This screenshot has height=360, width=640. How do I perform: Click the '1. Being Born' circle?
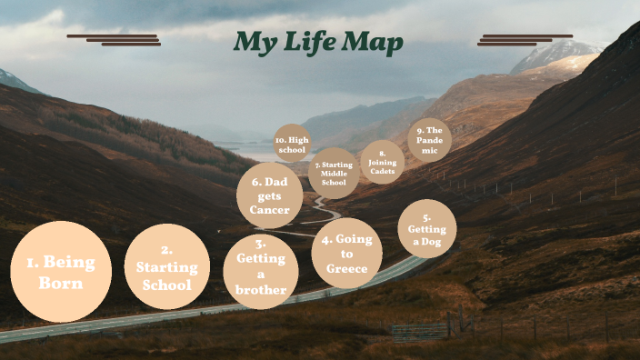(x=60, y=271)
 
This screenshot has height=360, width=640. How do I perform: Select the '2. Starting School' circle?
(x=166, y=267)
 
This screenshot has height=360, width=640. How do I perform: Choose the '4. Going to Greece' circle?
(x=346, y=254)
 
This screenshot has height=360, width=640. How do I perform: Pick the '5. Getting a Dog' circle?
(x=427, y=229)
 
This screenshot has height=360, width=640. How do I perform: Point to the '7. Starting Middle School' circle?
(x=334, y=173)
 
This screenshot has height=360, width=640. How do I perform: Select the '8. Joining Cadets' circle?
(x=383, y=163)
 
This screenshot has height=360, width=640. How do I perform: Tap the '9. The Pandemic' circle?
(x=428, y=141)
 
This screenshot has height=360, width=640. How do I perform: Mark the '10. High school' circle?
(x=292, y=144)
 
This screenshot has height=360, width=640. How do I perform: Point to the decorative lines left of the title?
(x=114, y=39)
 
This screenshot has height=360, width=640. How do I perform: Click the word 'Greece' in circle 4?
(x=346, y=268)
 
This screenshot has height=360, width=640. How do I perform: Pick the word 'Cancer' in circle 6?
(x=269, y=210)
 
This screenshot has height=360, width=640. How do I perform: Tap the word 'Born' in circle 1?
(x=60, y=283)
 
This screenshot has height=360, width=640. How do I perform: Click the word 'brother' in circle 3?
(x=261, y=290)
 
